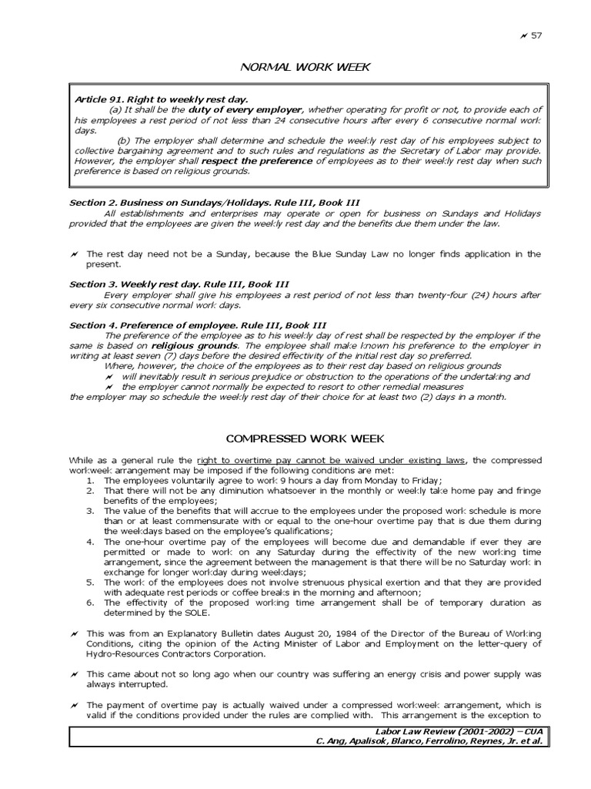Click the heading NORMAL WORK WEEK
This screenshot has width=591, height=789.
pos(306,67)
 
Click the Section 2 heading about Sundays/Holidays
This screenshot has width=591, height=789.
pos(202,202)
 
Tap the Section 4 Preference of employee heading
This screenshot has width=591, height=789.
pos(198,325)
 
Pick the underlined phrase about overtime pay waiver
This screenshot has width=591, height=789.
pos(332,460)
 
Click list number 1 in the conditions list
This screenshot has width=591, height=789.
pos(90,480)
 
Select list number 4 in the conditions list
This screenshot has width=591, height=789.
pos(90,541)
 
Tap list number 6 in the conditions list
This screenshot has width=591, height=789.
pos(90,603)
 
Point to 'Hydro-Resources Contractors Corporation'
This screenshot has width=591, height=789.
pos(175,653)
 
